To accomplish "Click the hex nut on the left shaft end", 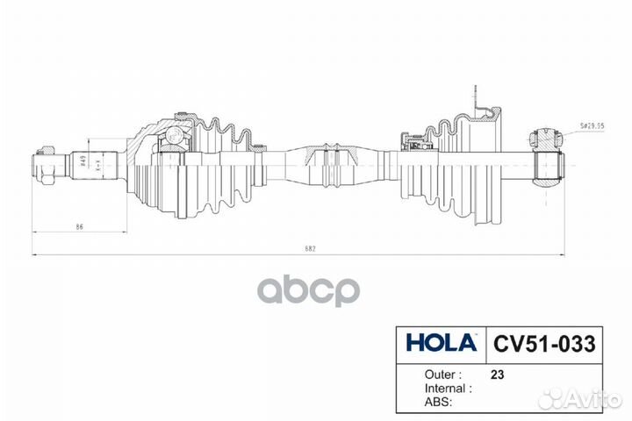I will point(44,165).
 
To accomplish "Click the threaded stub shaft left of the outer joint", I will point(92,164).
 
